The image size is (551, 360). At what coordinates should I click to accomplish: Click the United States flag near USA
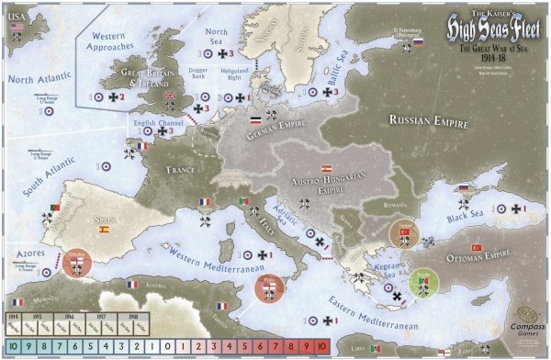17,28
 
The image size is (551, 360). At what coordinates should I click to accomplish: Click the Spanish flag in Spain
104,229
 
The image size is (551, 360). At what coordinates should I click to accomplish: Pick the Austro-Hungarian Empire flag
324,169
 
